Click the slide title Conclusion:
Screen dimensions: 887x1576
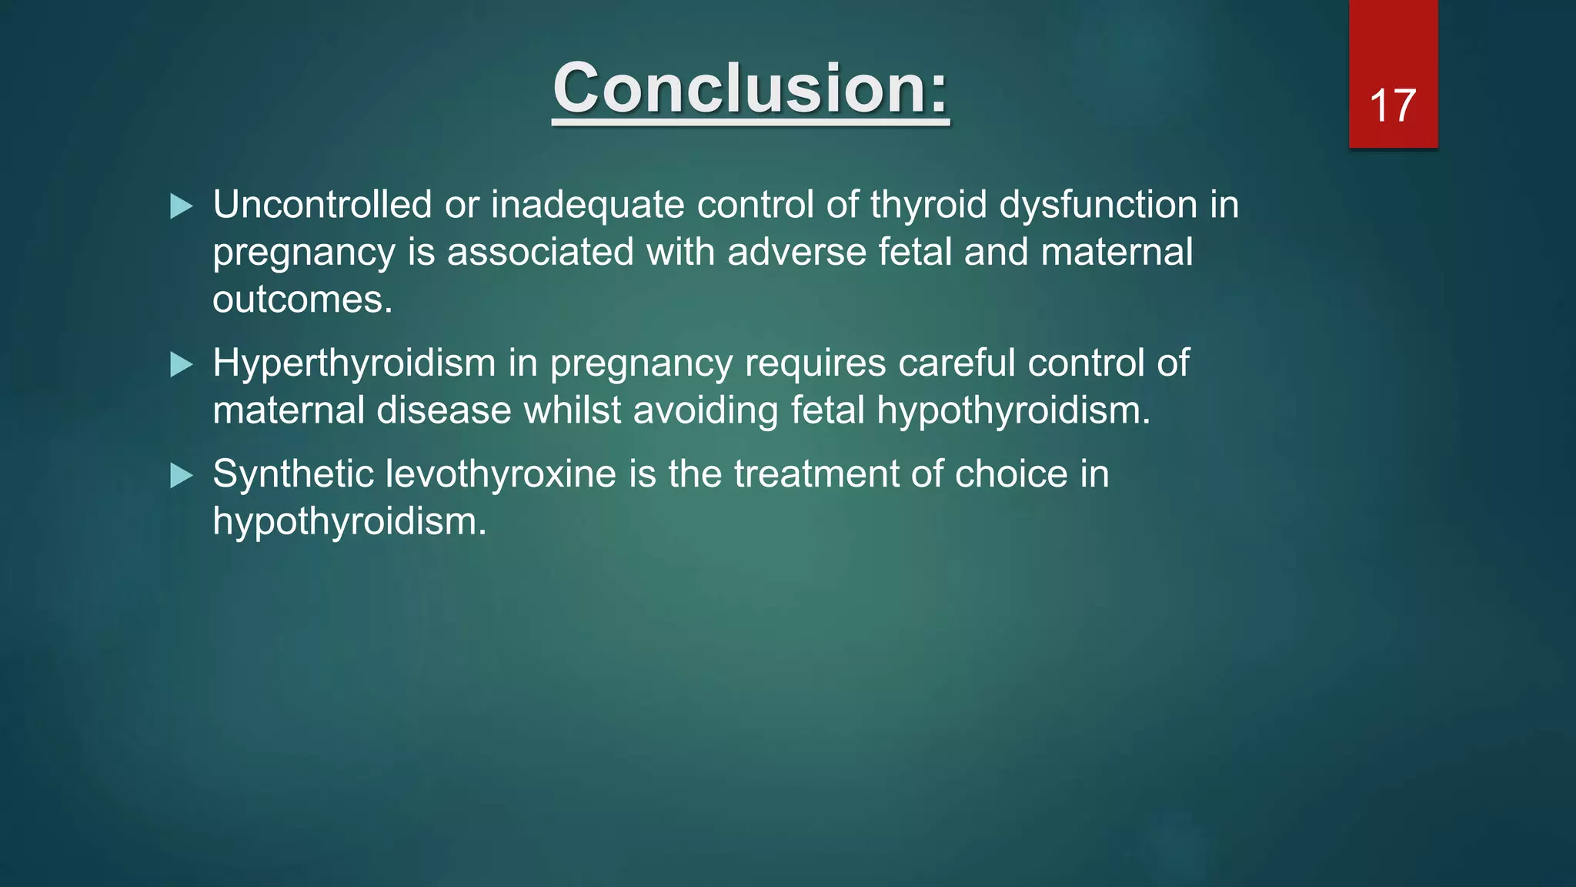tap(750, 89)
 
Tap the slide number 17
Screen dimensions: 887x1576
tap(1392, 105)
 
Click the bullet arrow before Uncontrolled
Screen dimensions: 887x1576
tap(181, 206)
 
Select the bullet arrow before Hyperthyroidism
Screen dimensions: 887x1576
tap(181, 364)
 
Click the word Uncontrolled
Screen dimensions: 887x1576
tap(322, 206)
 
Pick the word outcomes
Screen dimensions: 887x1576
tap(302, 300)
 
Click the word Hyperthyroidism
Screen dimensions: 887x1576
tap(354, 363)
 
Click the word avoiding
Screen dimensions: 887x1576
tap(706, 410)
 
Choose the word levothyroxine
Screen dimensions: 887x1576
tap(501, 474)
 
